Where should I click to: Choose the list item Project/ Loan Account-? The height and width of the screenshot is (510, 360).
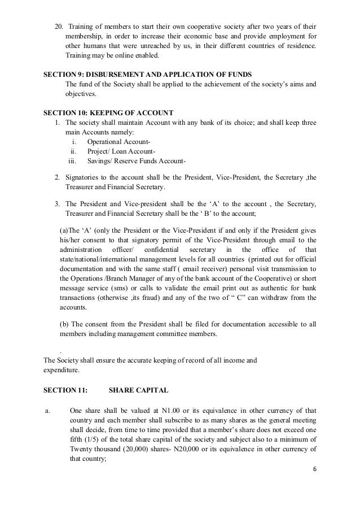(x=121, y=151)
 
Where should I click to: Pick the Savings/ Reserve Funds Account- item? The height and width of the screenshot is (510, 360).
(x=133, y=162)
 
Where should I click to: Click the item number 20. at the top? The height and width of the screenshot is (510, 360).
(x=58, y=27)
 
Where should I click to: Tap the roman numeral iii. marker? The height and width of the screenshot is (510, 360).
(x=72, y=162)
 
